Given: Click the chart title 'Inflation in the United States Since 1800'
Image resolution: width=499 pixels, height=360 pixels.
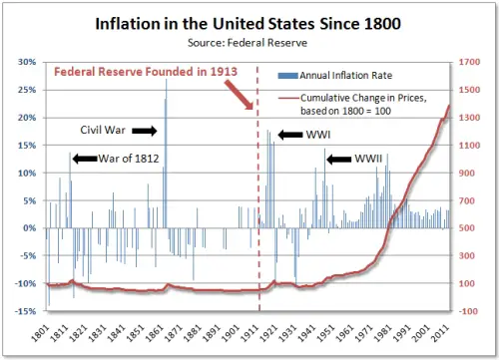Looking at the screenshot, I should (x=249, y=22).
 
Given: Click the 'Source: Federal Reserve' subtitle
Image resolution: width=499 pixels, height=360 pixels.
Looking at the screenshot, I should (x=249, y=43).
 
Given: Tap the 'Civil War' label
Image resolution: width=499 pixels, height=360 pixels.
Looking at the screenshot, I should (x=102, y=131).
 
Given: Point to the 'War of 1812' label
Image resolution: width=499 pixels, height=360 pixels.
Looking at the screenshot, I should (x=130, y=158).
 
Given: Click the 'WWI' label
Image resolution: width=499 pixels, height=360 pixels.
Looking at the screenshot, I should (x=321, y=134).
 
